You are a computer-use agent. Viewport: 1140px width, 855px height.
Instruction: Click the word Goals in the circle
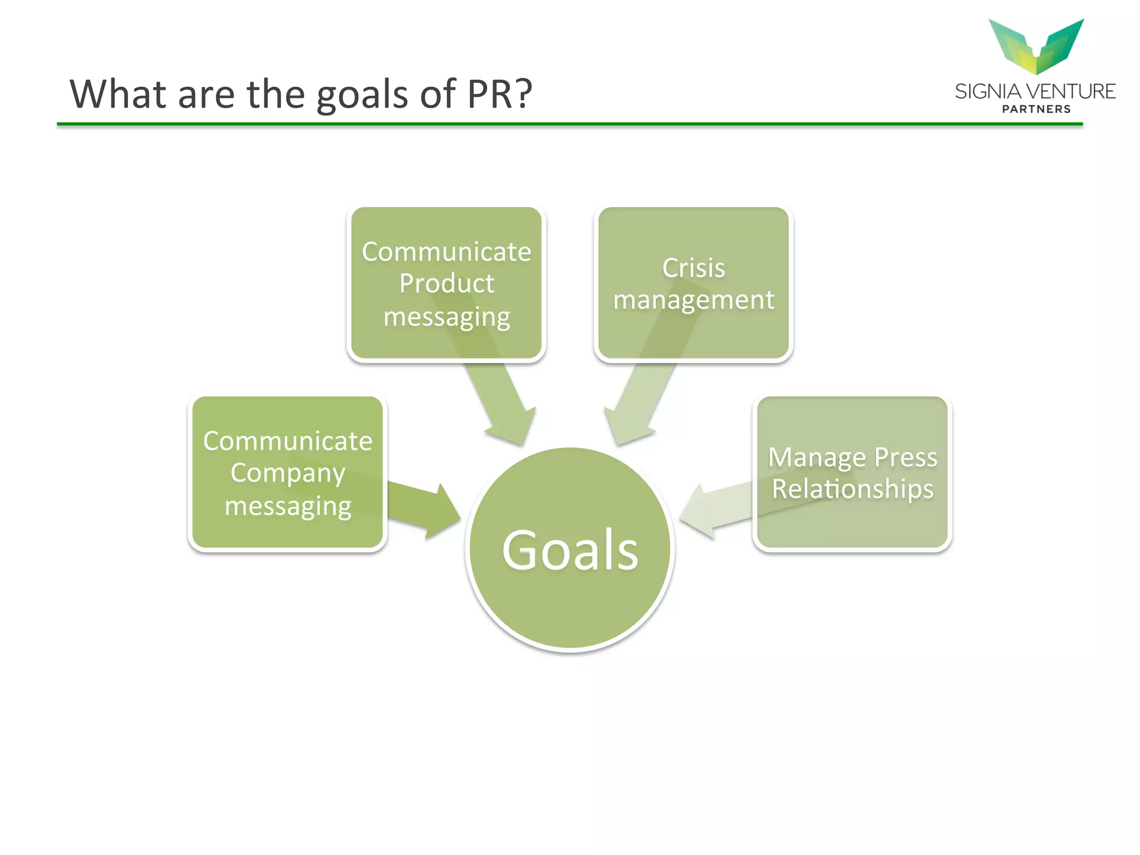tap(570, 550)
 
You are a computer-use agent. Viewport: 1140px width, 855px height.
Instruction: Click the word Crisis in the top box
tap(694, 268)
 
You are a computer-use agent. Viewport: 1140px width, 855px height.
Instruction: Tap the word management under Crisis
tap(694, 301)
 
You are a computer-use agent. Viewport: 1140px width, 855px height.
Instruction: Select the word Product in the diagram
tap(446, 283)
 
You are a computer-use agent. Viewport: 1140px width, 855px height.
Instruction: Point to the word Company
tap(288, 474)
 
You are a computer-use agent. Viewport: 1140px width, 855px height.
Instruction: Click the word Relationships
tap(852, 489)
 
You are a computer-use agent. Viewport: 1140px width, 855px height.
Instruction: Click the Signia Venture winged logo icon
tap(1036, 46)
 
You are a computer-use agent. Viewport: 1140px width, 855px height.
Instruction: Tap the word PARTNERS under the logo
tap(1036, 109)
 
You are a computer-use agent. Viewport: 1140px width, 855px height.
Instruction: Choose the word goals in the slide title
tap(362, 95)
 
